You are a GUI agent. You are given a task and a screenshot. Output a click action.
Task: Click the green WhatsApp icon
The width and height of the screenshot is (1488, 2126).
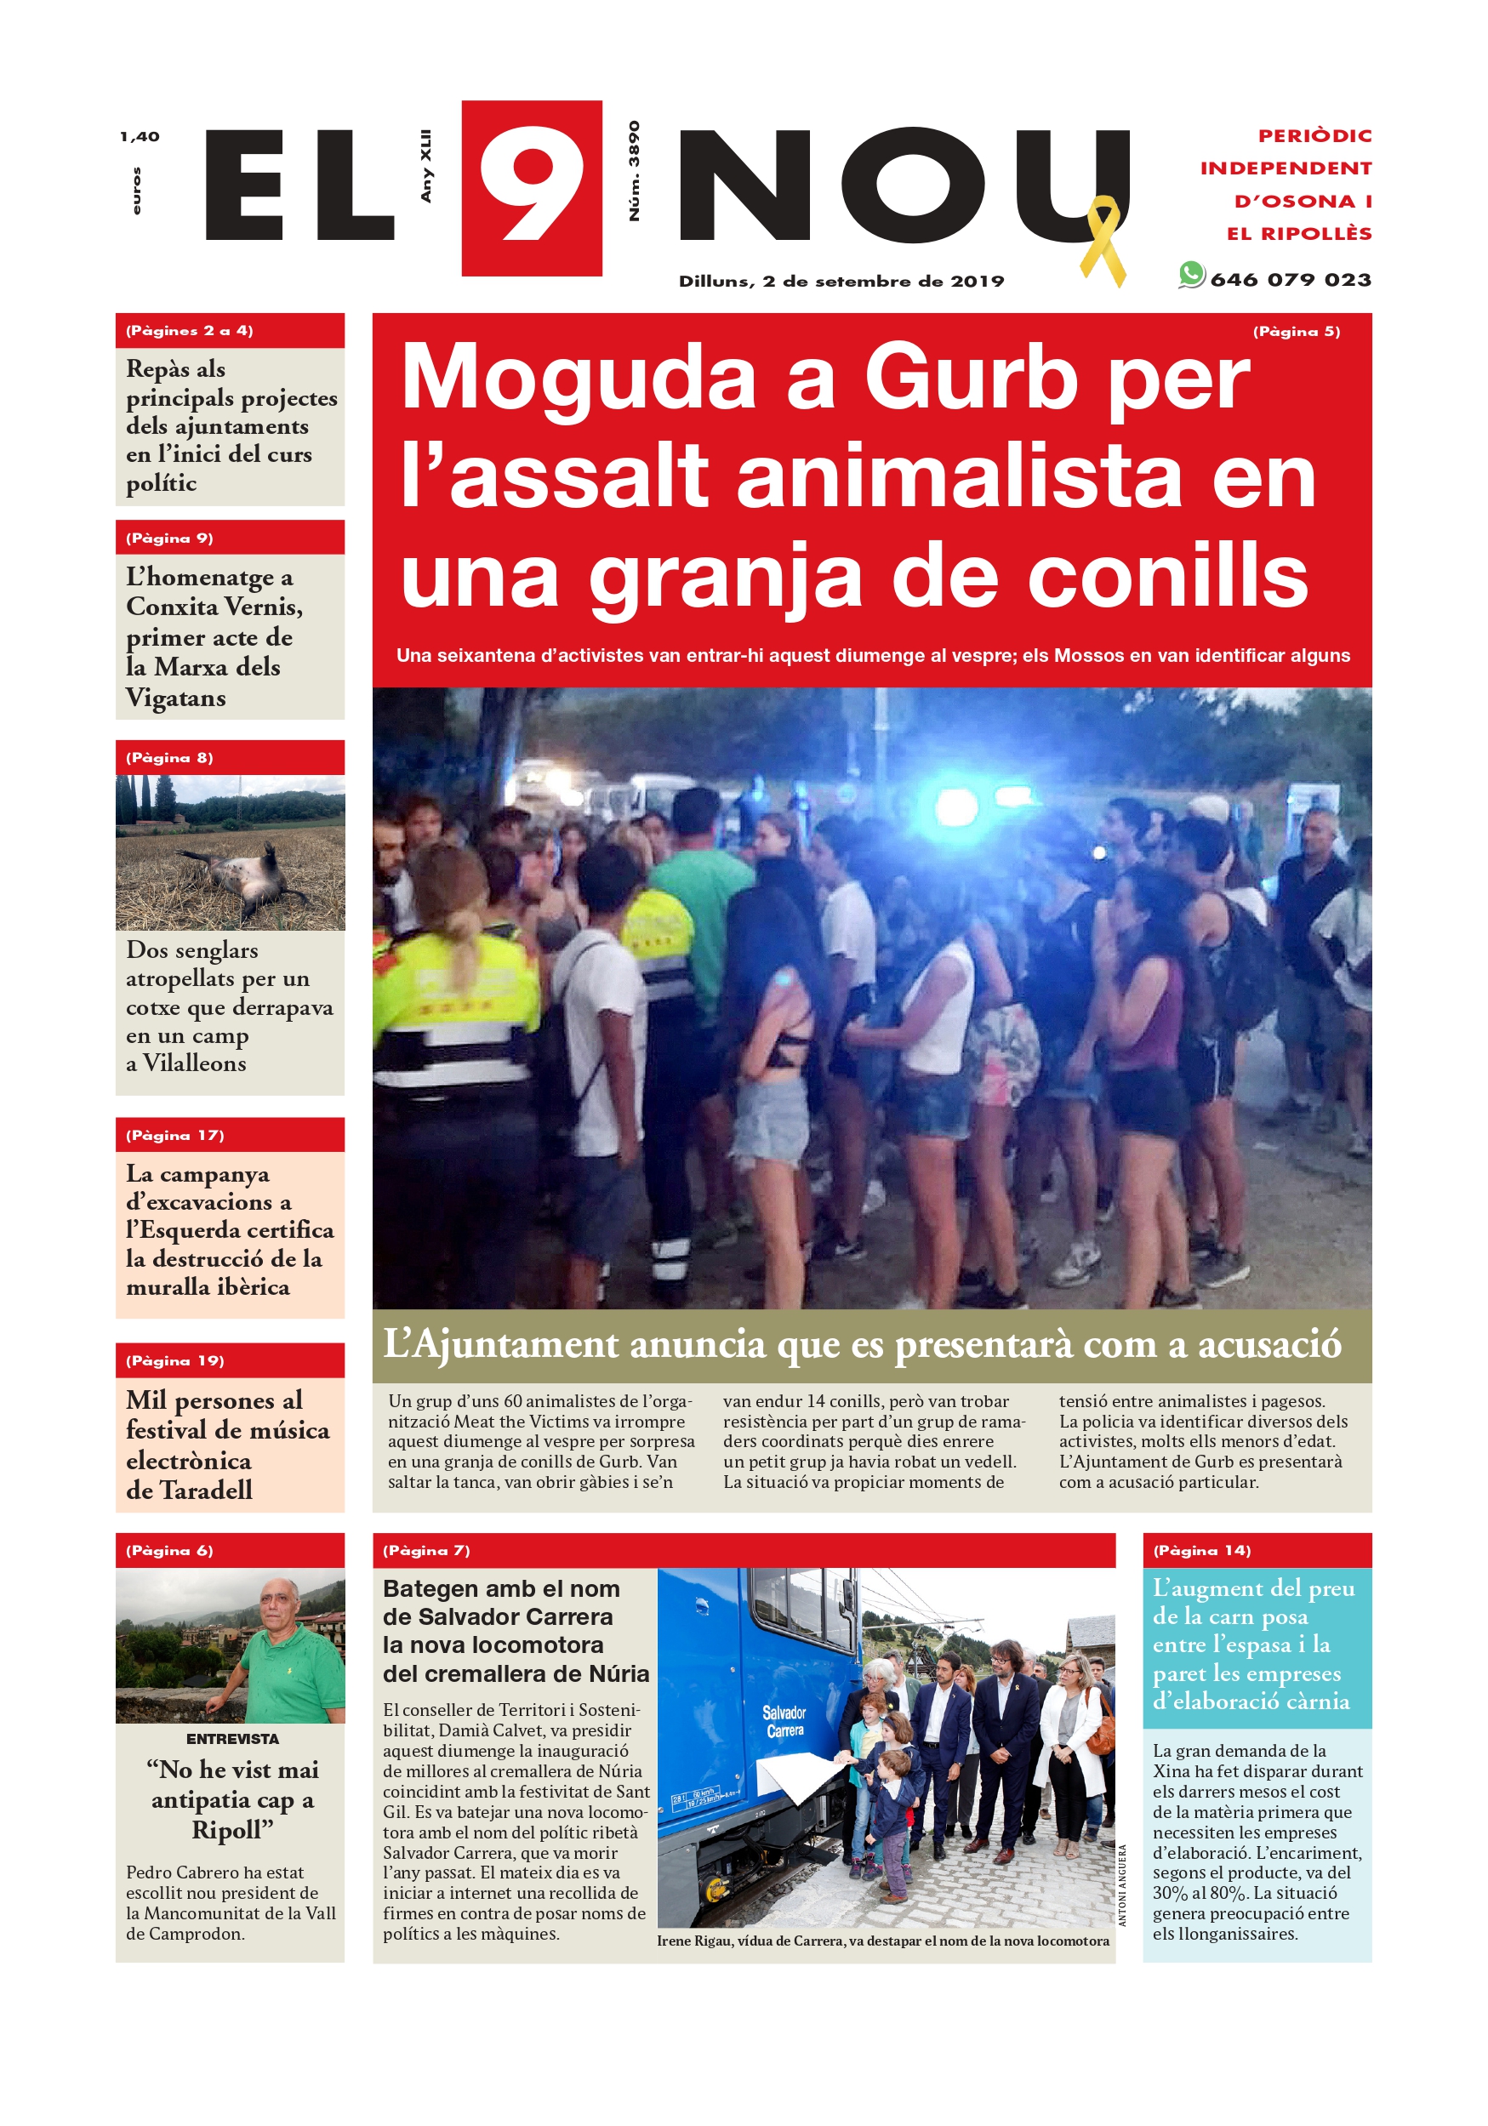click(1191, 275)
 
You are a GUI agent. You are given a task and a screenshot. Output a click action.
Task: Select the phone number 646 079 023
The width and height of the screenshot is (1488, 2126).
click(1290, 280)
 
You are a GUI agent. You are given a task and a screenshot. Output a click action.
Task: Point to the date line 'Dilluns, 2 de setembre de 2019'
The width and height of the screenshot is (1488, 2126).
click(841, 282)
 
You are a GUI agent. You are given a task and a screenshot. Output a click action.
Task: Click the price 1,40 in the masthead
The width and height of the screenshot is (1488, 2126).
click(139, 137)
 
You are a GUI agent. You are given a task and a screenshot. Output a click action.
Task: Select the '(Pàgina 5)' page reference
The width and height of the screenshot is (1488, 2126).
click(1296, 332)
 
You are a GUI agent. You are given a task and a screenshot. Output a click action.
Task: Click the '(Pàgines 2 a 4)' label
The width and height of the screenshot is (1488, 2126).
click(190, 331)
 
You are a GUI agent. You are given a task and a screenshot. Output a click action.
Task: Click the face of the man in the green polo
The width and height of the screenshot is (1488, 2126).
click(277, 1606)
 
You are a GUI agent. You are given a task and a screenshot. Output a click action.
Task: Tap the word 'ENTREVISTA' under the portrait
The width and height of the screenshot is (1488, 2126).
click(231, 1739)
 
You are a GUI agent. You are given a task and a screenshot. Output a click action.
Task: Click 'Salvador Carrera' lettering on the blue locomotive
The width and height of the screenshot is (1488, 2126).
click(784, 1721)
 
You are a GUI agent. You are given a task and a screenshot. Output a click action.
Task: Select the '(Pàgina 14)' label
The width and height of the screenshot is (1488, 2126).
click(1201, 1550)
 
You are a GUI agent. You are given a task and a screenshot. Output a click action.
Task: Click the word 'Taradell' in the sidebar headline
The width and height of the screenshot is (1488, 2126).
click(206, 1490)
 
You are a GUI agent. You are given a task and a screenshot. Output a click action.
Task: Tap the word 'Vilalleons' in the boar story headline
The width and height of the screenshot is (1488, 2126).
click(195, 1063)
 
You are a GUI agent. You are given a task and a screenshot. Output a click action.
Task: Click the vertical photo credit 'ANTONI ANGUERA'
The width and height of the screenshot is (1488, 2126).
click(1122, 1885)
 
